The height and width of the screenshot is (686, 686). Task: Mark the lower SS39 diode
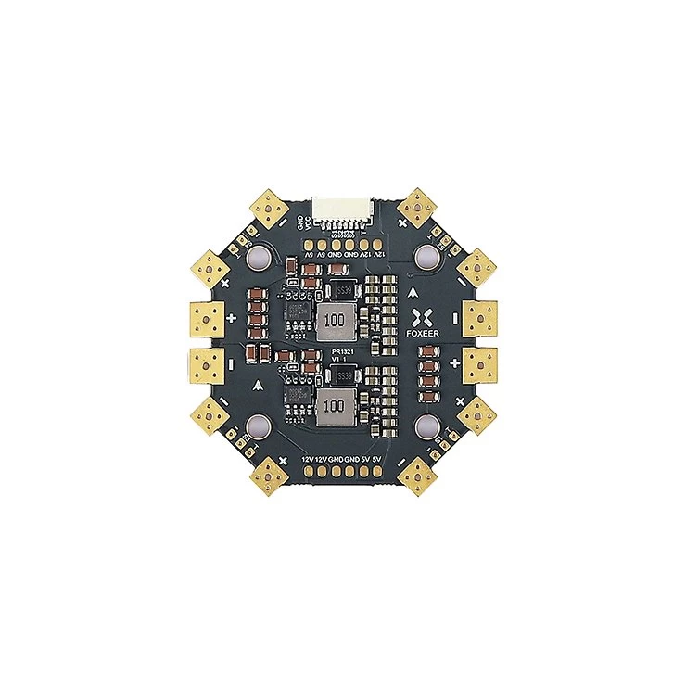pyautogui.click(x=344, y=375)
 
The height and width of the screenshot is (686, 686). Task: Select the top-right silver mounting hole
pyautogui.click(x=426, y=256)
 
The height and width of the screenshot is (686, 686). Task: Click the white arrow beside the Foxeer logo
pyautogui.click(x=412, y=290)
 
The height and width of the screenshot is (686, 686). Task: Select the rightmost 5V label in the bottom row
pyautogui.click(x=377, y=459)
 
